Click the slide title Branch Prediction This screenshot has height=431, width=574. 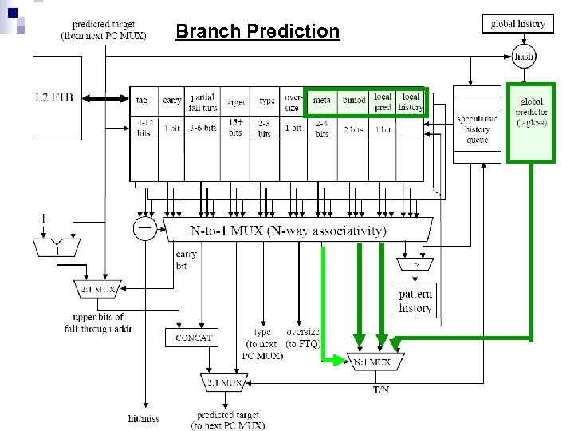pyautogui.click(x=257, y=32)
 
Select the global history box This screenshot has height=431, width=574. pyautogui.click(x=518, y=23)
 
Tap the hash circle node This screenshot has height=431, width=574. pyautogui.click(x=524, y=57)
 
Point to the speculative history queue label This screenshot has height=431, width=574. pyautogui.click(x=478, y=129)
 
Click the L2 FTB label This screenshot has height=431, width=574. pyautogui.click(x=53, y=97)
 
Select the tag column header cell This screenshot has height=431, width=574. pyautogui.click(x=142, y=101)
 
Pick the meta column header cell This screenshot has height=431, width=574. pyautogui.click(x=322, y=101)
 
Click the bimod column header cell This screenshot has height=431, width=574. pyautogui.click(x=353, y=101)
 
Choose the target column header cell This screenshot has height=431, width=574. pyautogui.click(x=235, y=102)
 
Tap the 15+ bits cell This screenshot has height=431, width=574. pyautogui.click(x=235, y=128)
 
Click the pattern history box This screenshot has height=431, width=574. pyautogui.click(x=415, y=302)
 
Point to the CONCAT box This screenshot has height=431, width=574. pyautogui.click(x=194, y=338)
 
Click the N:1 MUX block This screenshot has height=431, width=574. pyautogui.click(x=372, y=362)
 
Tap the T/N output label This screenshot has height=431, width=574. pyautogui.click(x=382, y=390)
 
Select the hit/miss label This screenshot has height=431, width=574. pyautogui.click(x=144, y=417)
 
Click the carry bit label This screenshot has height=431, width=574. pyautogui.click(x=185, y=260)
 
